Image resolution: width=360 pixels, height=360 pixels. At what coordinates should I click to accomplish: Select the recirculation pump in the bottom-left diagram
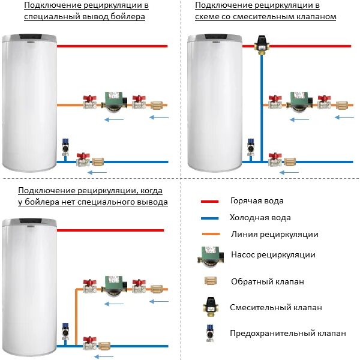click(113, 284)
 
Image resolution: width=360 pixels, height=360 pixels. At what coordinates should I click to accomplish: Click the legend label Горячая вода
click(257, 201)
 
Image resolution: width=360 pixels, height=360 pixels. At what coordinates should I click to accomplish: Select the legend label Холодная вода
click(260, 217)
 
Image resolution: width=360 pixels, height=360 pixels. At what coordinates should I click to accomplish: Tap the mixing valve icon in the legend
click(209, 306)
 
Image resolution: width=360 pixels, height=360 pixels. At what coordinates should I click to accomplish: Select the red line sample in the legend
click(209, 202)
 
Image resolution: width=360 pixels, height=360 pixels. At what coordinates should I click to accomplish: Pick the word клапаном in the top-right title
click(317, 17)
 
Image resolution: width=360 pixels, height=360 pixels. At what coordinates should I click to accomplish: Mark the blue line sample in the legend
click(209, 218)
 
